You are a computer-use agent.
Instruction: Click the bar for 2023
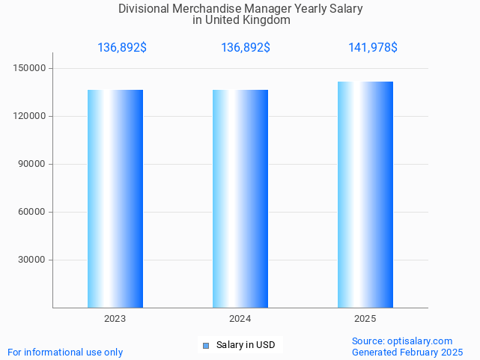coord(115,198)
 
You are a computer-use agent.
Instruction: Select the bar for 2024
coord(240,198)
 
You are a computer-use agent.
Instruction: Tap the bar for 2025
coord(365,195)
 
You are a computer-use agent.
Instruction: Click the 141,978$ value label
coord(372,48)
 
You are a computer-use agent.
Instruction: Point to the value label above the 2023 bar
coord(122,48)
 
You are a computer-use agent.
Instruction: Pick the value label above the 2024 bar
coord(246,48)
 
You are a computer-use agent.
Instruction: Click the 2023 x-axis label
coord(115,319)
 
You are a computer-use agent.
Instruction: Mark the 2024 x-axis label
coord(240,319)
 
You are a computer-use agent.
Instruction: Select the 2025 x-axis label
coord(365,319)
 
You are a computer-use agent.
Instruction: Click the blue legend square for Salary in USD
coord(206,345)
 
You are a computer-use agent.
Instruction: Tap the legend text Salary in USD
coord(246,345)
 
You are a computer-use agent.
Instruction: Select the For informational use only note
coord(65,352)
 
